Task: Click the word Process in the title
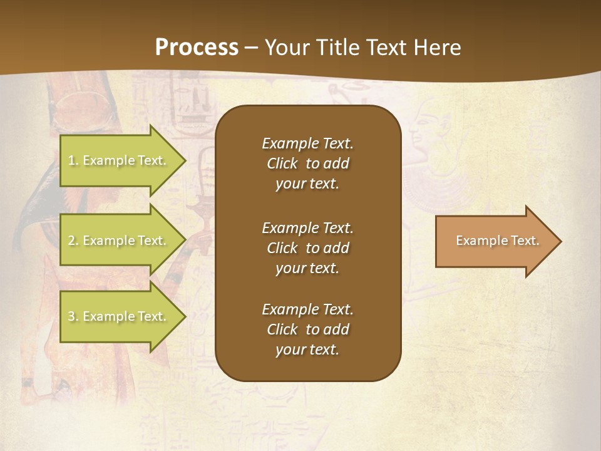[197, 48]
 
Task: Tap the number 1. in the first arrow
[73, 161]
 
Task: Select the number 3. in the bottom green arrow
[73, 317]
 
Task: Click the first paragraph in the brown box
[307, 163]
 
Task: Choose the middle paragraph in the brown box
[307, 248]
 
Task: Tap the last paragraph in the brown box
[307, 329]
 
